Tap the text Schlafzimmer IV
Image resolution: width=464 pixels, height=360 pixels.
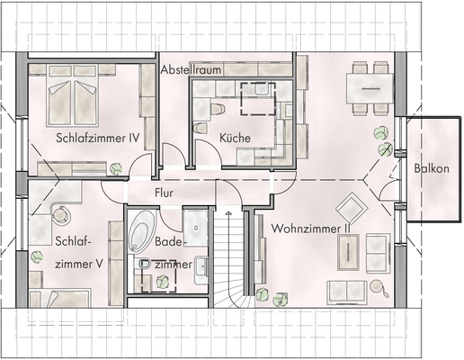[x=96, y=139]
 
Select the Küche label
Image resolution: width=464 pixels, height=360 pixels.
[x=235, y=139]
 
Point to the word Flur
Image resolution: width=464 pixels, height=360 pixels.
[x=164, y=193]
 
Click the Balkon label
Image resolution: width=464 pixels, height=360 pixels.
[x=432, y=168]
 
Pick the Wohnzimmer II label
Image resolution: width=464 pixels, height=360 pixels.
[x=309, y=229]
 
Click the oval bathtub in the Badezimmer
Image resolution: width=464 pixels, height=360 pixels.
[x=141, y=231]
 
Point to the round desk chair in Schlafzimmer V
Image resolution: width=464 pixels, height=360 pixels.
[x=61, y=215]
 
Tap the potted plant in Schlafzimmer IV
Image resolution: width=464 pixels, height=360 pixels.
[x=116, y=167]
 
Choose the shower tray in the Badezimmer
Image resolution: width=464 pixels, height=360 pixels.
[x=195, y=223]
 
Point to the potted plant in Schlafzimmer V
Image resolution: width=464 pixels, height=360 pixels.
[x=35, y=257]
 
